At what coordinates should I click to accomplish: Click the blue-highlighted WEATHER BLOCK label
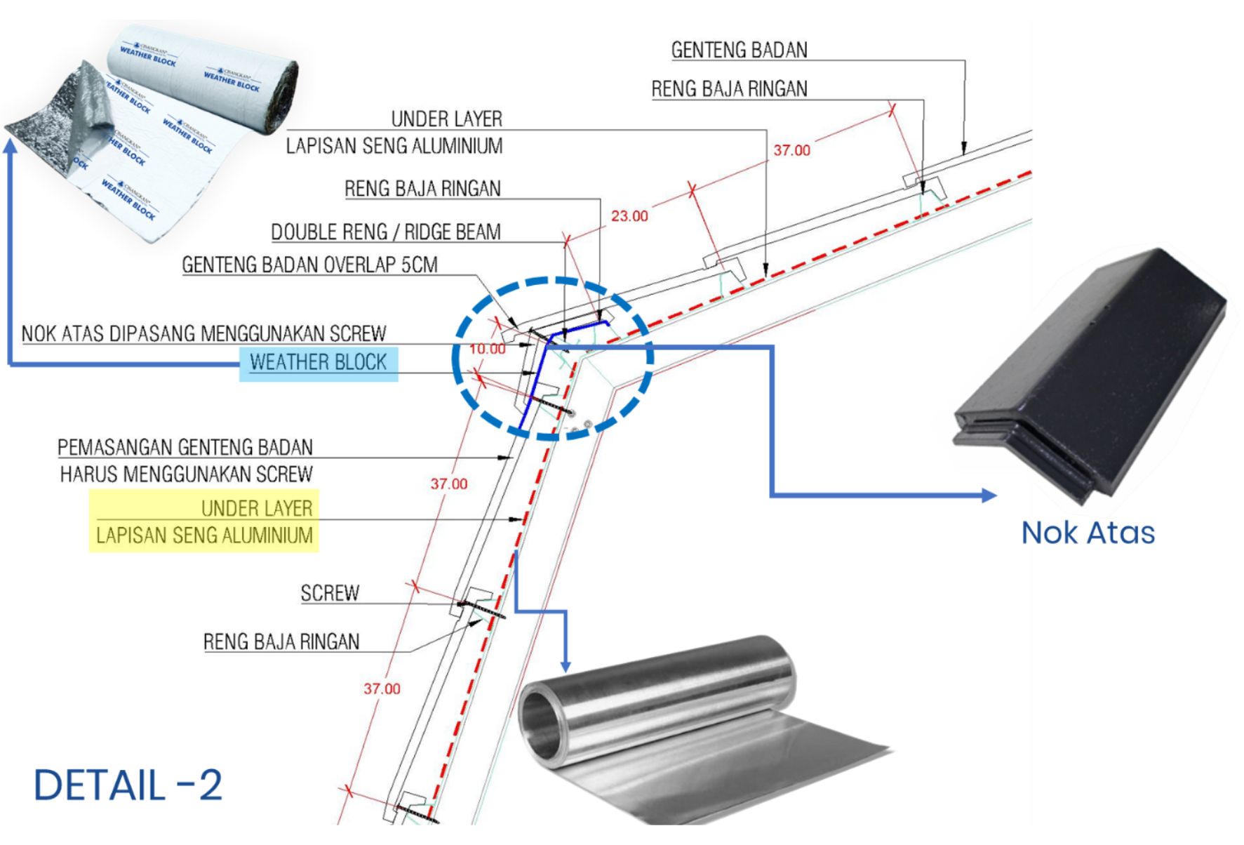point(319,363)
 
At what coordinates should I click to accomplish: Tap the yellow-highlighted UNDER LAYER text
point(256,508)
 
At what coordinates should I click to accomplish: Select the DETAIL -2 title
point(128,785)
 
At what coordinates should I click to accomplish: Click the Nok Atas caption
point(1088,533)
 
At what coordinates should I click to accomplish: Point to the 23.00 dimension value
point(629,216)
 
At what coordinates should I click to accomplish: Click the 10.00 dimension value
point(487,349)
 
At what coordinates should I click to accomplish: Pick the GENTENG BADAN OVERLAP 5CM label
point(309,265)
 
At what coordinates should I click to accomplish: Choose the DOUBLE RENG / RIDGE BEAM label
point(386,232)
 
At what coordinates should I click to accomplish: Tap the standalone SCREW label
point(330,594)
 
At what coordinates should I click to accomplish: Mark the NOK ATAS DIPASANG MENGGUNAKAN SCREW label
point(203,333)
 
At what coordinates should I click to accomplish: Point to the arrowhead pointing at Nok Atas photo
point(989,495)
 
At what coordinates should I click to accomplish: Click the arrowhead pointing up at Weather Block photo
point(10,145)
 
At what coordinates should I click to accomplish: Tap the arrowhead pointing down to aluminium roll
point(566,665)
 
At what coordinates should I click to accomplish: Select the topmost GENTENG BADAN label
point(739,51)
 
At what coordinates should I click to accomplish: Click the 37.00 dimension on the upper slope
point(791,150)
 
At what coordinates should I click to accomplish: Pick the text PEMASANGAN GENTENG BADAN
point(185,448)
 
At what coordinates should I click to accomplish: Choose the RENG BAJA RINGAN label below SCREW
point(281,642)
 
